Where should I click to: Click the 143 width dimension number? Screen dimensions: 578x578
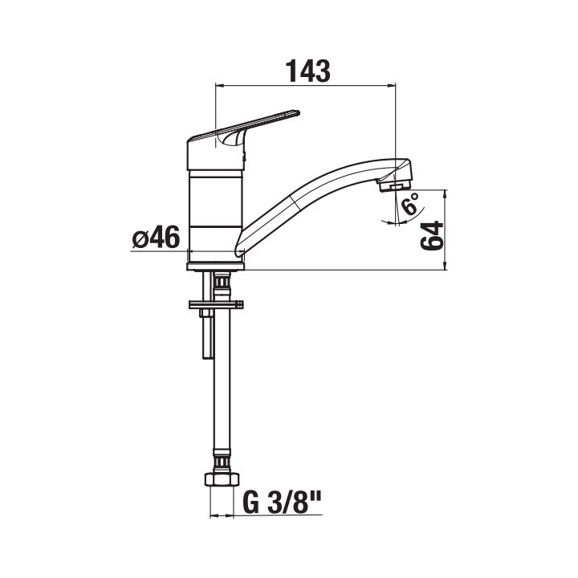pos(307,71)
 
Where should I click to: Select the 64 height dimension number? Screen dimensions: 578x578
pos(432,236)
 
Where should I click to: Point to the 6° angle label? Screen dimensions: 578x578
pos(410,203)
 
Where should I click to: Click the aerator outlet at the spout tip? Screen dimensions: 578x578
pos(393,186)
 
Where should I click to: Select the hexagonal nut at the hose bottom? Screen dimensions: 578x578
pos(222,479)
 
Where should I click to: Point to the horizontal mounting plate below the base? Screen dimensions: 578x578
pos(216,304)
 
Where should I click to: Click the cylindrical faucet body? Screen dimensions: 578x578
pos(216,210)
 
